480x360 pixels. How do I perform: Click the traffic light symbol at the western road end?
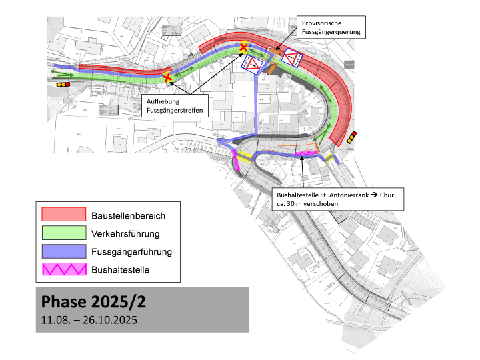coord(63,85)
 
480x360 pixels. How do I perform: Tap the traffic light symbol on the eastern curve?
coord(351,138)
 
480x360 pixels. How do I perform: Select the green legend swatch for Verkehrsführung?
coord(64,233)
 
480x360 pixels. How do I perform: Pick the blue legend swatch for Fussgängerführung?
coord(64,251)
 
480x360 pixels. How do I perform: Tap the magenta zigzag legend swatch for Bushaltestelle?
coord(64,269)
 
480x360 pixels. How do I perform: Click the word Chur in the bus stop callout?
coord(389,195)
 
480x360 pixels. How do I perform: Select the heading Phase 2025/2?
coord(93,301)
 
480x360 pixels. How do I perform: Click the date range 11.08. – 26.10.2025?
coord(89,320)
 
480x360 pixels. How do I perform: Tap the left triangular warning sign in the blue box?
coord(253,65)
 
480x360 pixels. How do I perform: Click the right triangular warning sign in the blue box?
coord(291,59)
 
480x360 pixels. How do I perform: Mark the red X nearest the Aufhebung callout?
coord(168,79)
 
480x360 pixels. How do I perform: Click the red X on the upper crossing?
coord(245,47)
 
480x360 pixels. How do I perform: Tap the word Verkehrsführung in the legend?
coord(130,233)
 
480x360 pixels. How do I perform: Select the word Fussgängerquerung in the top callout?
coord(331,31)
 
